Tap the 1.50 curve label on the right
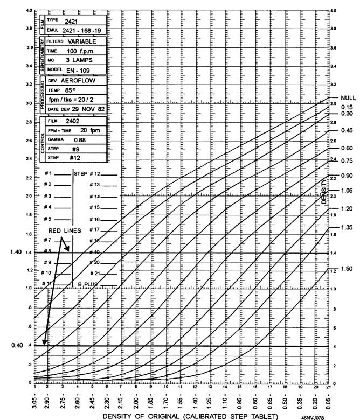pos(347,268)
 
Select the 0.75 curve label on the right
pos(347,160)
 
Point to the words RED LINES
pos(64,230)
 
